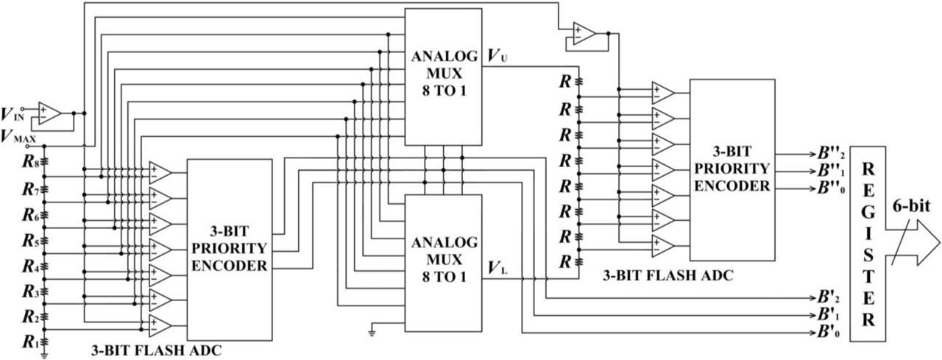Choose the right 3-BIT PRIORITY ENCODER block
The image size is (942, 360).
coord(732,169)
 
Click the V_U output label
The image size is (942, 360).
coord(497,55)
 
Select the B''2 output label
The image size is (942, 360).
coord(822,155)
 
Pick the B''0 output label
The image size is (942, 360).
coord(822,188)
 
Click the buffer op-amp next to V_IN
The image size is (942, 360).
coord(50,113)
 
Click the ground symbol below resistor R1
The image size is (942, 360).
coord(45,355)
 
